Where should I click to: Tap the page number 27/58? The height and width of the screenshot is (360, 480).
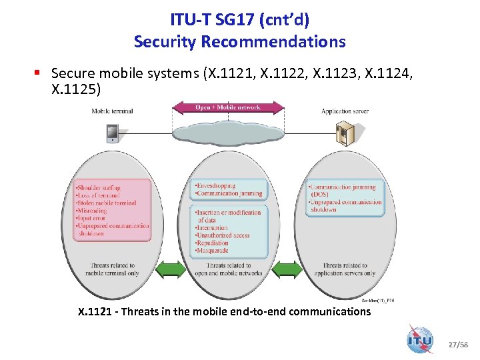[x=457, y=345]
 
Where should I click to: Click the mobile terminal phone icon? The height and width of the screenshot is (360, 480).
[x=112, y=133]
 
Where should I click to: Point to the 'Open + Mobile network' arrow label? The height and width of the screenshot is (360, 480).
[x=228, y=107]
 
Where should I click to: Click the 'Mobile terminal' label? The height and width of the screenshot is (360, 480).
[x=112, y=111]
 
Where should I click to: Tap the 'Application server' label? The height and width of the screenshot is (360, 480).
[x=345, y=111]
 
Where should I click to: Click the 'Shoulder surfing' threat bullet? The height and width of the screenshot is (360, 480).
[x=99, y=188]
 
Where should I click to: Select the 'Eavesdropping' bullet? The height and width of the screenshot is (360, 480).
[x=215, y=186]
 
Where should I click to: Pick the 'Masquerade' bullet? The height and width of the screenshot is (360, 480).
[x=212, y=250]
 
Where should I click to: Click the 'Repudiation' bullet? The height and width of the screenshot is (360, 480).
[x=213, y=243]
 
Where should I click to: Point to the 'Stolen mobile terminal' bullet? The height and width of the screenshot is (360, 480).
[x=107, y=203]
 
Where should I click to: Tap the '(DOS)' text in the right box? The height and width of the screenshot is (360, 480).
[x=321, y=195]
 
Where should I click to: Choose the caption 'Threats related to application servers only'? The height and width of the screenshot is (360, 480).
[x=345, y=269]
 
